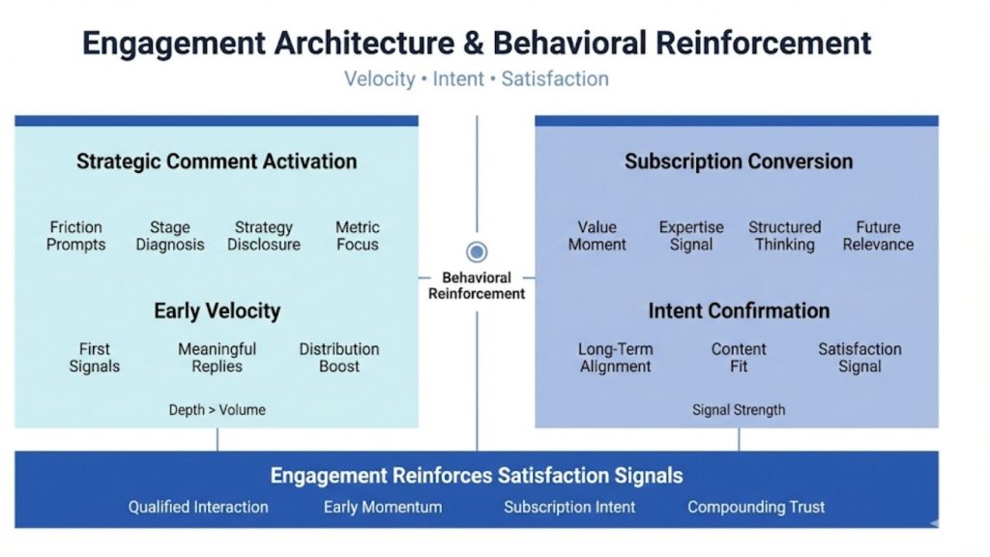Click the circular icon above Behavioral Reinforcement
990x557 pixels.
[x=477, y=252]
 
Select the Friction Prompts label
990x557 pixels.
[x=76, y=236]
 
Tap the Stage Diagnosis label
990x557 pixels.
[x=170, y=236]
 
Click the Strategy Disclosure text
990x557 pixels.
[x=264, y=236]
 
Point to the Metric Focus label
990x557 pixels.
[x=358, y=236]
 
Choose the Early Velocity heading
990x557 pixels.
[x=217, y=311]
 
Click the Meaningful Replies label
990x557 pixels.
[x=217, y=358]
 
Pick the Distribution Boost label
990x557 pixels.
[x=338, y=358]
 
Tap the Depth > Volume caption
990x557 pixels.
[x=217, y=410]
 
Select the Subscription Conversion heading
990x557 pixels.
[x=739, y=161]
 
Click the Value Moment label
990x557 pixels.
[x=597, y=236]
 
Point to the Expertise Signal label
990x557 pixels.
[x=691, y=236]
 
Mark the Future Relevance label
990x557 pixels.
[x=878, y=236]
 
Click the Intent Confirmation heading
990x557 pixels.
[x=739, y=311]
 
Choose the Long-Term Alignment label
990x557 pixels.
[x=615, y=358]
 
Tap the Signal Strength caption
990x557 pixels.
[x=739, y=410]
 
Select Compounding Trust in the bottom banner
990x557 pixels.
[x=756, y=507]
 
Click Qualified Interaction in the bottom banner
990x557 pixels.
[x=198, y=507]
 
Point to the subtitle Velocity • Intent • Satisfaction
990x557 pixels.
[x=477, y=79]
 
